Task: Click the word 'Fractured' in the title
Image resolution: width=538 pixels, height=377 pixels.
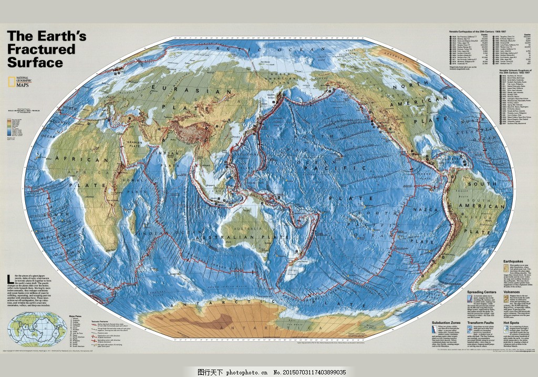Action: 42,49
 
